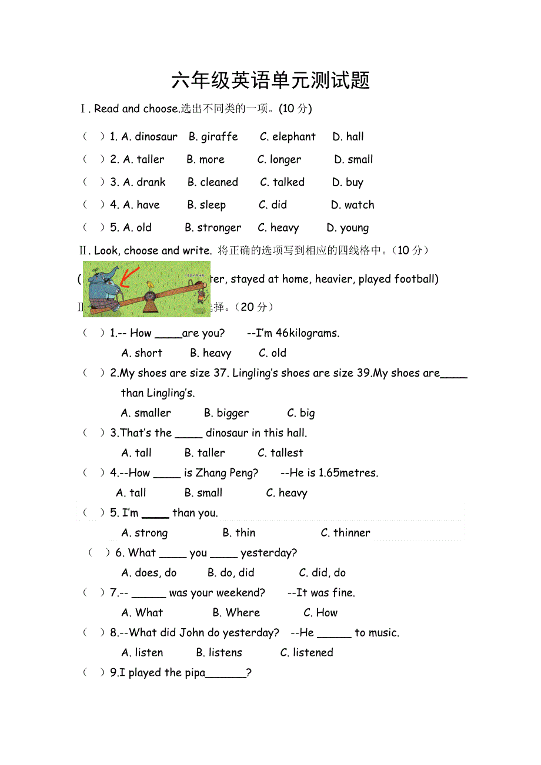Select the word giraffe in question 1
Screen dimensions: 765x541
(x=219, y=137)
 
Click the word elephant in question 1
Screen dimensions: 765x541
(x=293, y=137)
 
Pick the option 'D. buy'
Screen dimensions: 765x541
(x=348, y=183)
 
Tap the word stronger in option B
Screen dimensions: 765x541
(x=219, y=228)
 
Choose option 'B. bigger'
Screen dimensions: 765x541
(x=226, y=413)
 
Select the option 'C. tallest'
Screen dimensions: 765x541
(x=280, y=453)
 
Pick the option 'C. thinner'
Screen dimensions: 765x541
(x=345, y=533)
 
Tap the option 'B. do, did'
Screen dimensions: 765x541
(x=231, y=573)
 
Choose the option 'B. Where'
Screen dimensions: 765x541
(x=236, y=613)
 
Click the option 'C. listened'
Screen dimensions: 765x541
(x=306, y=653)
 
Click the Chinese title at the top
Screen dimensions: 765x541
(x=270, y=80)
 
